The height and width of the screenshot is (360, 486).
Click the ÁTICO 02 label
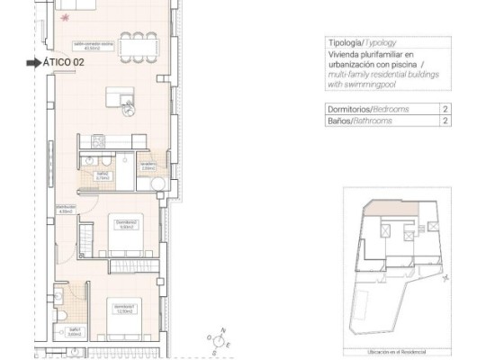(67, 63)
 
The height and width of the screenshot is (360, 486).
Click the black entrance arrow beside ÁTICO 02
(33, 63)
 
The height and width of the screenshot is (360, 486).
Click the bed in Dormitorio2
(125, 229)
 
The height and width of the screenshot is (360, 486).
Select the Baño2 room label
(102, 176)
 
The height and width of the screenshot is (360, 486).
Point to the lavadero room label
(148, 166)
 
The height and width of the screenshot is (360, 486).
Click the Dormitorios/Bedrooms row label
(368, 109)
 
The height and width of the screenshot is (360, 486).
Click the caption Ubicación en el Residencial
(397, 352)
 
